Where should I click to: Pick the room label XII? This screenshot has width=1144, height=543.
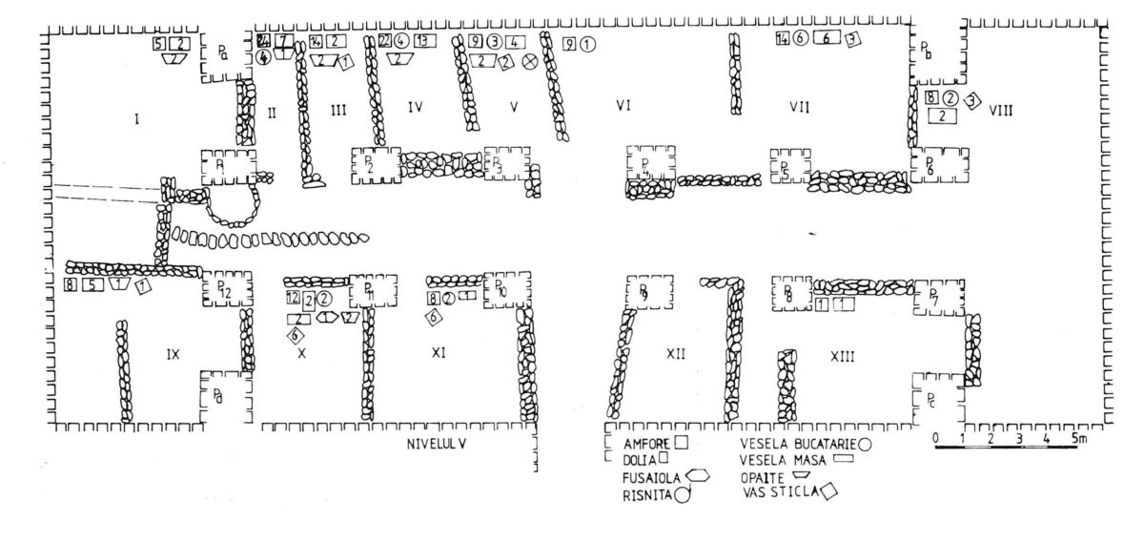pyautogui.click(x=678, y=354)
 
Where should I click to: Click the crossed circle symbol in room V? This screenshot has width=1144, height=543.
pyautogui.click(x=530, y=60)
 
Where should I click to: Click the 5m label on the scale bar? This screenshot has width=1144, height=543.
pyautogui.click(x=1077, y=437)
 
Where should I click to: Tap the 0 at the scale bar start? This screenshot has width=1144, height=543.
pyautogui.click(x=936, y=437)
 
